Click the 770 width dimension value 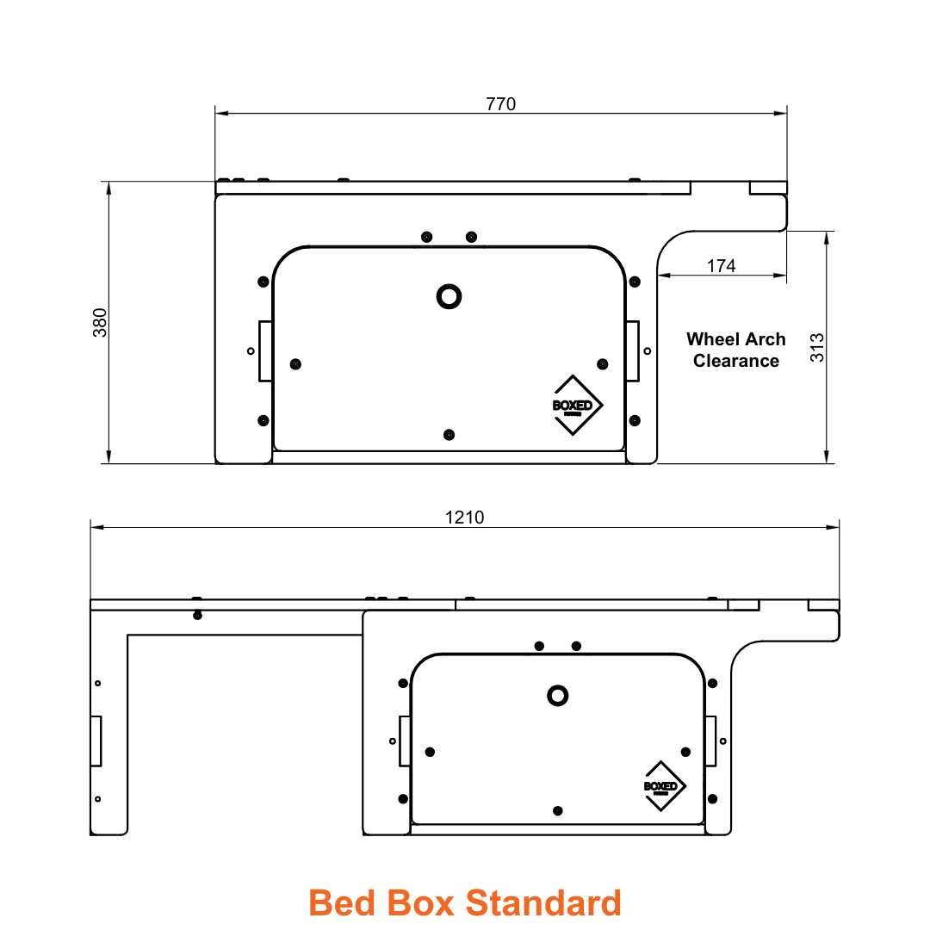500,104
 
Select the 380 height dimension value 100,322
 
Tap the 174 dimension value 721,266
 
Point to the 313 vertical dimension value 817,347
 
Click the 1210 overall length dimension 464,518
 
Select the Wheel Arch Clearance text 735,350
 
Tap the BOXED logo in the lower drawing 664,786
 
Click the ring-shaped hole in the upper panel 449,296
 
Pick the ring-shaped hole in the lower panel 558,695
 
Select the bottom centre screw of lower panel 558,810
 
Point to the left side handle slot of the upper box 265,350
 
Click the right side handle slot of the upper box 633,350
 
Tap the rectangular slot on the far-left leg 96,740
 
